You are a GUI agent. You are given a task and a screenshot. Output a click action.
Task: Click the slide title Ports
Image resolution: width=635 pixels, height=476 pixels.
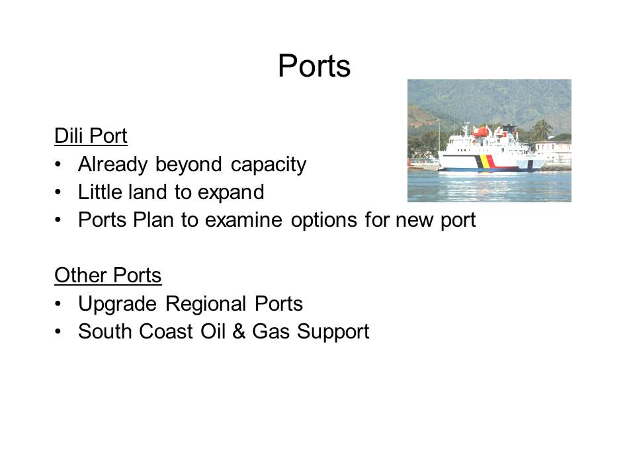pos(314,65)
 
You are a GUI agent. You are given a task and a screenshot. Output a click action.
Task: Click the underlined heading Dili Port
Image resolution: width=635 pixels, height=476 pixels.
pos(91,136)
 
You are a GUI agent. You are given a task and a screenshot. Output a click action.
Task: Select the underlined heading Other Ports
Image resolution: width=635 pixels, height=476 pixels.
pos(108,275)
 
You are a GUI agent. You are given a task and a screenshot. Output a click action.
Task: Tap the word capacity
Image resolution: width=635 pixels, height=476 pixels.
pos(269,165)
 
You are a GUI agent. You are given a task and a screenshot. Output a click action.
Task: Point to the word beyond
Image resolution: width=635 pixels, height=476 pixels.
pos(189,164)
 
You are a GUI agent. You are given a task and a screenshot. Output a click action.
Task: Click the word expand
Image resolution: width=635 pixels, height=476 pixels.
pos(231,192)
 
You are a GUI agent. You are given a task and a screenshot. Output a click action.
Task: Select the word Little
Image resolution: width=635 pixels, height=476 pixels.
pos(102,192)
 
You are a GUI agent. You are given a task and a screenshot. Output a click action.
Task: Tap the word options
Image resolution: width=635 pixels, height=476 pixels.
pos(324,221)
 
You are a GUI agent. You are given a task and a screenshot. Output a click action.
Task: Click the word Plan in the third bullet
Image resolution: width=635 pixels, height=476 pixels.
pos(153,219)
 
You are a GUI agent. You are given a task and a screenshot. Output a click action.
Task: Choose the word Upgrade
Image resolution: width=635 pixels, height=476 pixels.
pos(117,304)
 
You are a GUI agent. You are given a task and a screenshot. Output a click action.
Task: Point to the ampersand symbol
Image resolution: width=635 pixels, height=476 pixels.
pos(239,331)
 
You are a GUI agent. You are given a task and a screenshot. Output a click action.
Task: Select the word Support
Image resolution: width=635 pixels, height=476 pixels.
pos(333,333)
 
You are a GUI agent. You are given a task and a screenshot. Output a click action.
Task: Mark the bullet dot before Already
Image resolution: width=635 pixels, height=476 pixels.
pos(58,165)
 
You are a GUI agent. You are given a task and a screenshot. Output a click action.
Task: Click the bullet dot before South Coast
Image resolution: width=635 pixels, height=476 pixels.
pos(58,332)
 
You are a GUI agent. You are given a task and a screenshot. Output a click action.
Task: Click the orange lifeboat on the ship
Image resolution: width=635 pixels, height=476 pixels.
pos(481,132)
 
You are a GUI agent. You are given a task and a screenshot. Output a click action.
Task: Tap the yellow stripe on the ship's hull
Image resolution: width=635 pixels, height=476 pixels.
pos(483,163)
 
